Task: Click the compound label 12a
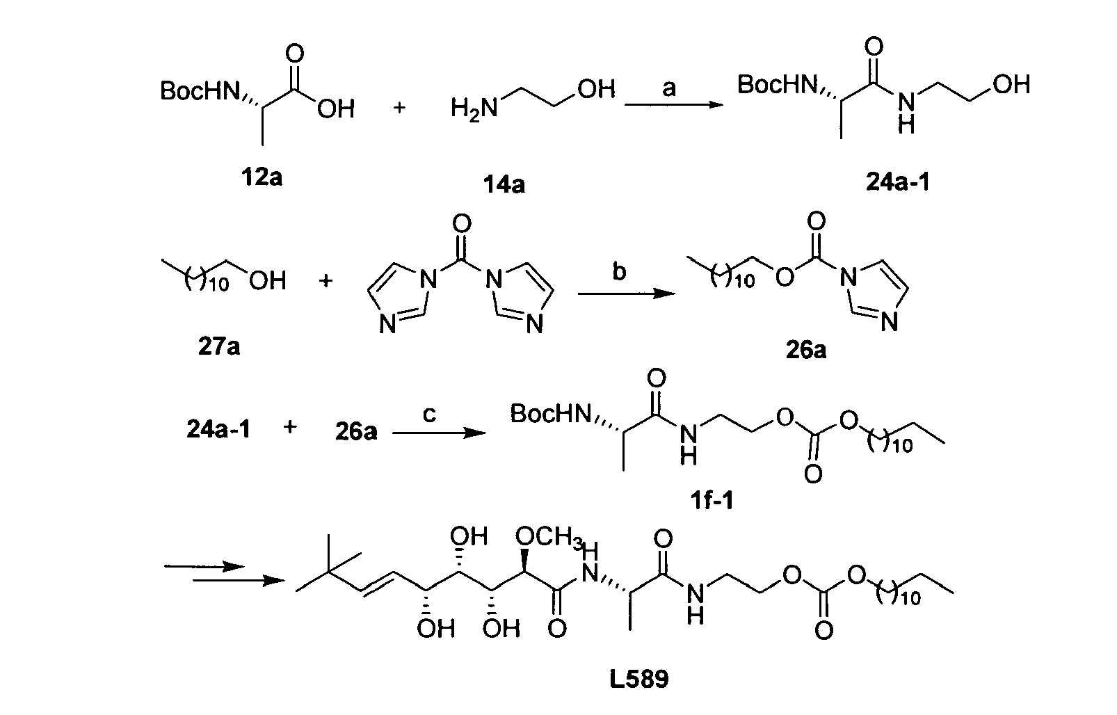(x=262, y=177)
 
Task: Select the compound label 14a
(x=504, y=185)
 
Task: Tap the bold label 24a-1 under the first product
(x=898, y=182)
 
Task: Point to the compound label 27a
(x=219, y=346)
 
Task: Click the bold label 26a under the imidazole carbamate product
(x=806, y=350)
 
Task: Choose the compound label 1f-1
(x=712, y=500)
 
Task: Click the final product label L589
(x=638, y=679)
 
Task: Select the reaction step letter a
(x=668, y=88)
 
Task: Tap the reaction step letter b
(x=619, y=271)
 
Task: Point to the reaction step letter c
(x=429, y=414)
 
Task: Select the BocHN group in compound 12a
(x=200, y=91)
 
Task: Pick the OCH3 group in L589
(x=549, y=538)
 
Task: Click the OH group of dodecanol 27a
(x=268, y=281)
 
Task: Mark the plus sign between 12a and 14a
(x=399, y=107)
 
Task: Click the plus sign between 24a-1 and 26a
(x=290, y=427)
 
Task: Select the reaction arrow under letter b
(x=627, y=294)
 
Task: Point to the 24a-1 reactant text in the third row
(x=218, y=429)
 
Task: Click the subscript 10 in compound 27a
(x=218, y=284)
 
